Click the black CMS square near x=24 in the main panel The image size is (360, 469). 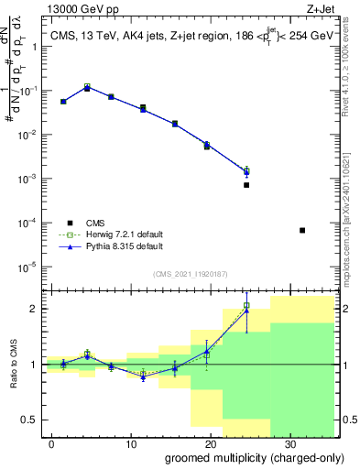click(246, 185)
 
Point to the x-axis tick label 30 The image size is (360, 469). click(289, 443)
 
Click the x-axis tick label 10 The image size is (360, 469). click(130, 443)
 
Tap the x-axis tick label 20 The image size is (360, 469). click(210, 443)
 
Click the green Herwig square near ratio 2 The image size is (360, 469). click(246, 305)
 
